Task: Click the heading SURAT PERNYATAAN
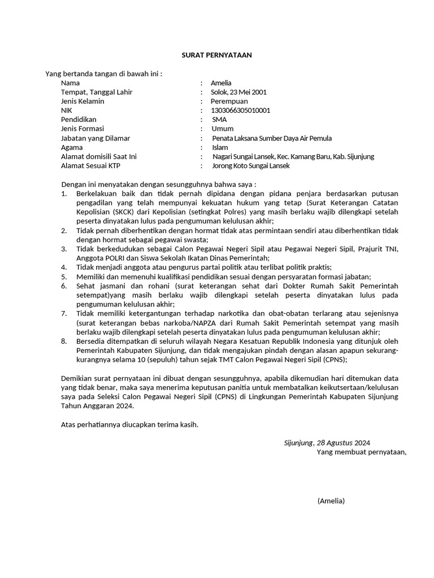(x=216, y=55)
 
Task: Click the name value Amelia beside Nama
(x=221, y=83)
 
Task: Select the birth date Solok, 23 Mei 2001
(x=238, y=92)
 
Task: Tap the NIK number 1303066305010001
(x=240, y=110)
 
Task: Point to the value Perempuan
(x=229, y=101)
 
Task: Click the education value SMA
(x=219, y=120)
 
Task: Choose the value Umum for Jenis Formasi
(x=222, y=129)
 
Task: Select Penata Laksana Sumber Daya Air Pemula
(x=272, y=138)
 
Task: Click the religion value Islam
(x=220, y=147)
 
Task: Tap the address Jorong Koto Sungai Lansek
(x=250, y=166)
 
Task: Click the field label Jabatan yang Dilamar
(x=96, y=138)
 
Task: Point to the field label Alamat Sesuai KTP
(x=91, y=166)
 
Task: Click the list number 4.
(x=64, y=267)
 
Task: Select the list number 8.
(x=64, y=341)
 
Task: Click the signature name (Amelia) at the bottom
(x=331, y=501)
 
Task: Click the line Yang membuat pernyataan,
(x=362, y=452)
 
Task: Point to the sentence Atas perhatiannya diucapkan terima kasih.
(x=129, y=424)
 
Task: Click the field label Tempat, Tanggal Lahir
(x=97, y=92)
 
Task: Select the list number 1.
(x=64, y=194)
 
